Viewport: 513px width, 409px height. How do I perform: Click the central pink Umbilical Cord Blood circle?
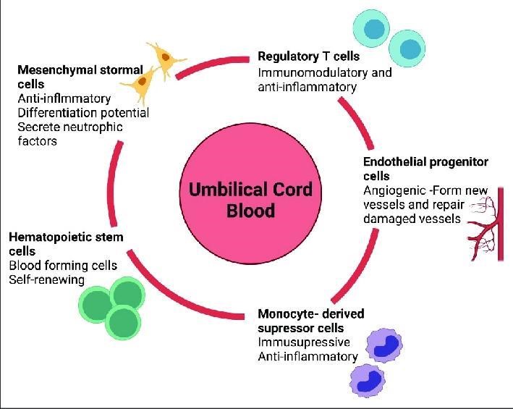click(250, 200)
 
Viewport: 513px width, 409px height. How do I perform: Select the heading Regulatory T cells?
click(309, 56)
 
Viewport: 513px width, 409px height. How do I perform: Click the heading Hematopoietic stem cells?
click(66, 243)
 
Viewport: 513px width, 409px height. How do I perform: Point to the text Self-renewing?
click(46, 279)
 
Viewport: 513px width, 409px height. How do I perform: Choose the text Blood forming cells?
click(63, 265)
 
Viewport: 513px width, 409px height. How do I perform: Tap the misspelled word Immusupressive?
click(304, 342)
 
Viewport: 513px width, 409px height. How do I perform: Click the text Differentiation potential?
click(82, 113)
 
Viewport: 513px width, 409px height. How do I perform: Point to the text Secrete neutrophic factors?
click(69, 134)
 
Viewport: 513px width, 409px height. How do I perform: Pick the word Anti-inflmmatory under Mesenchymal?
click(64, 98)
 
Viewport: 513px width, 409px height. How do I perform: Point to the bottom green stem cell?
click(122, 320)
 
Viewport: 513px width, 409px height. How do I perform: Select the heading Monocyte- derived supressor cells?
click(310, 321)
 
